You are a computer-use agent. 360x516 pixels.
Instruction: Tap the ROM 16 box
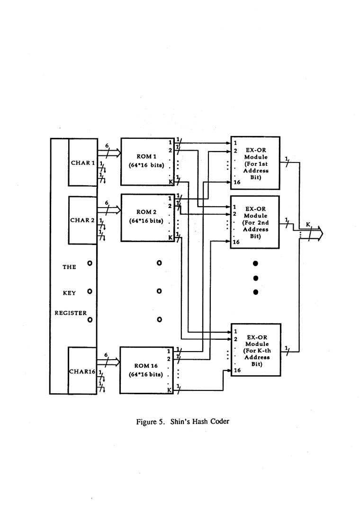(146, 370)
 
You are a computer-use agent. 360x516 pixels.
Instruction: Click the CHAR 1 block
(83, 163)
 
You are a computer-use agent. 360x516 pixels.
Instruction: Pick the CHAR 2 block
(83, 220)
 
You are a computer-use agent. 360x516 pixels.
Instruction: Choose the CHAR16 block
(83, 371)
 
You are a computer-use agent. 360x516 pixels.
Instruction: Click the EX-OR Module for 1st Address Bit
(255, 163)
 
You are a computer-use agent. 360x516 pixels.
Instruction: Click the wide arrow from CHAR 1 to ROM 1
(109, 153)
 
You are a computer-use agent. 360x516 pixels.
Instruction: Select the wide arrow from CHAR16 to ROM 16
(108, 362)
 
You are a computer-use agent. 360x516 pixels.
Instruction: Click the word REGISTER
(71, 313)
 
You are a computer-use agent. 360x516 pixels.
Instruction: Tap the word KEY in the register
(69, 293)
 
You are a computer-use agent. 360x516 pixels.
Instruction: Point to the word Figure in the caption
(147, 421)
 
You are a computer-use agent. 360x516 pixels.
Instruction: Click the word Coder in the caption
(219, 421)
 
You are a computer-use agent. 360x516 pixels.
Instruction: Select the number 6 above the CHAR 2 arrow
(107, 203)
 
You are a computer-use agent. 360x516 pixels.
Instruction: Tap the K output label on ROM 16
(169, 389)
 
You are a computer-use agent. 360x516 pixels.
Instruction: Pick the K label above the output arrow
(308, 224)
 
